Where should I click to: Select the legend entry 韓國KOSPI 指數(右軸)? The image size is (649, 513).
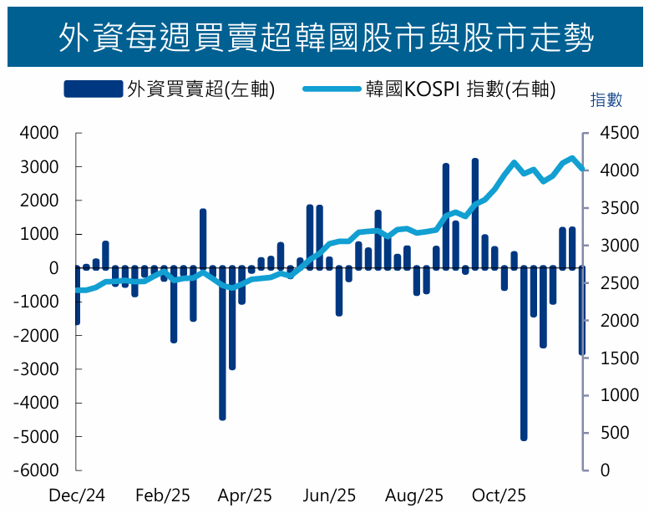click(x=429, y=89)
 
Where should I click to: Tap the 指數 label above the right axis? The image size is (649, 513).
click(x=606, y=100)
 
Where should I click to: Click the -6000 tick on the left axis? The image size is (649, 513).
click(x=36, y=470)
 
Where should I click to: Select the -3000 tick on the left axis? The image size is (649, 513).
click(x=36, y=369)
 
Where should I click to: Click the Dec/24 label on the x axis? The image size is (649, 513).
click(x=77, y=495)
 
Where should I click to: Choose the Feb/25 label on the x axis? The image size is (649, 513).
click(x=163, y=495)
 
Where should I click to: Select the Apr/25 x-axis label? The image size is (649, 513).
click(x=245, y=495)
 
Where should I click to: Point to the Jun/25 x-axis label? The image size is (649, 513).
click(x=330, y=495)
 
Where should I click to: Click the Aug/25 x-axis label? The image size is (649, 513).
click(x=415, y=495)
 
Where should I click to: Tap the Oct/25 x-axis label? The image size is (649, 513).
click(x=499, y=495)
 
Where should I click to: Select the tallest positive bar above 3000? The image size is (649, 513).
click(x=475, y=213)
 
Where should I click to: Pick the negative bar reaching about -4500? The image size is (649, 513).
click(x=222, y=343)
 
